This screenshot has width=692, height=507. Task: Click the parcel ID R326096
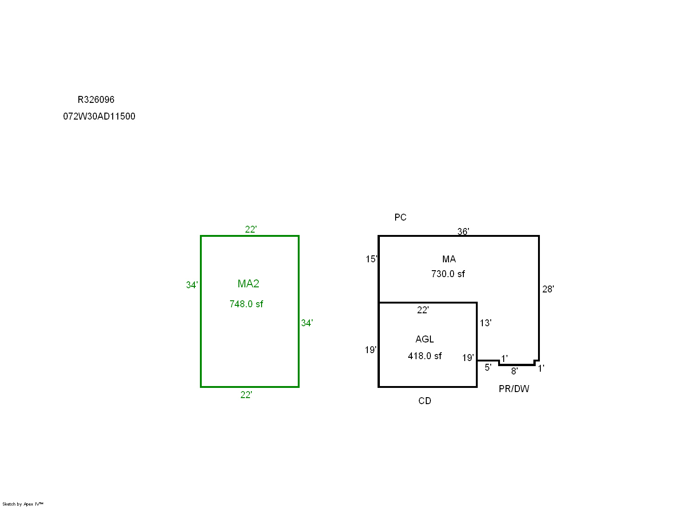(96, 100)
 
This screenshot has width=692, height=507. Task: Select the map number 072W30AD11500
(99, 116)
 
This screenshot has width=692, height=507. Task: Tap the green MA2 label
(248, 284)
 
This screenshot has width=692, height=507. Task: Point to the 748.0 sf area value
(246, 304)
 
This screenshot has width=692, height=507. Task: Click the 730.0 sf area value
(448, 274)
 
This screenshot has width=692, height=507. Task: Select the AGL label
(424, 339)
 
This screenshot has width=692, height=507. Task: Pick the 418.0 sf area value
(425, 356)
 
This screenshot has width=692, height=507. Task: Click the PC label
(400, 217)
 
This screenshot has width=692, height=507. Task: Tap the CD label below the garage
(425, 401)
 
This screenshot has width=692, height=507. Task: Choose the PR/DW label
(514, 389)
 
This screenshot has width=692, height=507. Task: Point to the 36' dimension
(463, 231)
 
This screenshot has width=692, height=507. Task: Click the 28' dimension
(548, 289)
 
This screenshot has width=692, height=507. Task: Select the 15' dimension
(371, 259)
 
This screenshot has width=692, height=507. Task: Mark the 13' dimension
(486, 323)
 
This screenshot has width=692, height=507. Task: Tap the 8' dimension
(514, 371)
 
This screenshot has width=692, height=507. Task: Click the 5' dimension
(488, 368)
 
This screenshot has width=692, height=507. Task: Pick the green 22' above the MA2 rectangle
(250, 229)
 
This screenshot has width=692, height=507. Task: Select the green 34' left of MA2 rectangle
(192, 285)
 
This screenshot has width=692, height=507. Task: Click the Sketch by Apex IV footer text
(23, 504)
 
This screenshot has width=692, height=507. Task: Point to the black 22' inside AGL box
(423, 310)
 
